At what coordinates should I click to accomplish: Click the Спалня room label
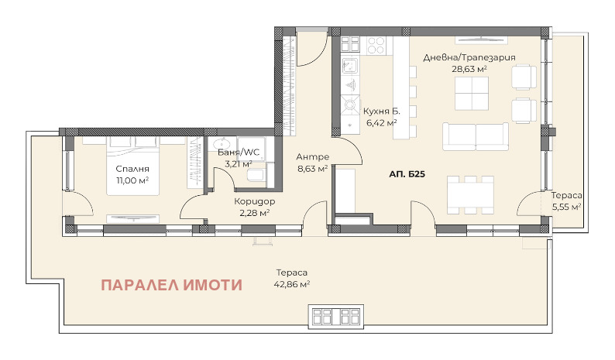[x=134, y=168]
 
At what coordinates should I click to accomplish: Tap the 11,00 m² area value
[x=134, y=180]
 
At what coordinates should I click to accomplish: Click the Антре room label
[x=313, y=155]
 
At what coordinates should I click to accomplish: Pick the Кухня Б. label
[x=381, y=111]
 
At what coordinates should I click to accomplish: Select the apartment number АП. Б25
[x=407, y=175]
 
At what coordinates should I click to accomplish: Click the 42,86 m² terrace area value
[x=294, y=284]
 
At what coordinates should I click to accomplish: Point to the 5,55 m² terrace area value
[x=566, y=207]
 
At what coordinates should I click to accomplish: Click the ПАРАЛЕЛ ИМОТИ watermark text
[x=171, y=284]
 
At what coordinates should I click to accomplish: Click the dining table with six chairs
[x=470, y=194]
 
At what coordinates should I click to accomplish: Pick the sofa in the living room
[x=475, y=136]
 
